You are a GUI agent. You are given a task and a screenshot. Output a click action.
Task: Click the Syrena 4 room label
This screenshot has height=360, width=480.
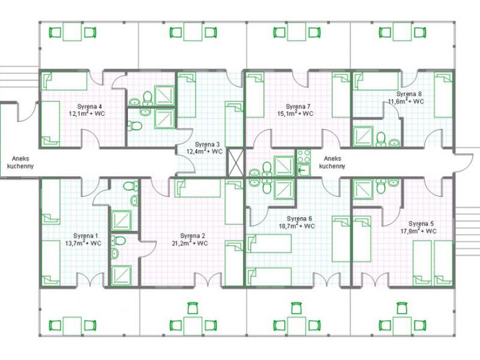(89, 107)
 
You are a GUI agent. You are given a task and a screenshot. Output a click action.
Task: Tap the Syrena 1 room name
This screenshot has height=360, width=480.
(86, 236)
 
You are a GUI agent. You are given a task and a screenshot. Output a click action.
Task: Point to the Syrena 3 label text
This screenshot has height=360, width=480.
(207, 145)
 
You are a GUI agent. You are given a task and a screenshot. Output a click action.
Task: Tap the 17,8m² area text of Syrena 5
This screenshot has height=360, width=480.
(410, 231)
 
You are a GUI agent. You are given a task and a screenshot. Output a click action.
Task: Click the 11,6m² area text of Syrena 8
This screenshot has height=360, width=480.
(398, 101)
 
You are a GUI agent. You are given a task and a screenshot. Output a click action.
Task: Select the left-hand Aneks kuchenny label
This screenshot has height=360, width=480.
(20, 163)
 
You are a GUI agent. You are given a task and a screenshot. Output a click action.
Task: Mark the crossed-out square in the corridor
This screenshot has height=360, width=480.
(236, 163)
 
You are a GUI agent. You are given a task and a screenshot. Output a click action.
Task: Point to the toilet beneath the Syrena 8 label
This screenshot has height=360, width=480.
(381, 139)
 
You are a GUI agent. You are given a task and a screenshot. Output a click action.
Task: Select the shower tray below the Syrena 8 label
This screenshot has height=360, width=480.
(363, 137)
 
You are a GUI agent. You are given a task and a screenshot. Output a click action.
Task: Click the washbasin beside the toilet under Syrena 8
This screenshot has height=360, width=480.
(394, 142)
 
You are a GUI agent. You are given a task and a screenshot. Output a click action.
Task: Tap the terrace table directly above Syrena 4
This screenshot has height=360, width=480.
(72, 32)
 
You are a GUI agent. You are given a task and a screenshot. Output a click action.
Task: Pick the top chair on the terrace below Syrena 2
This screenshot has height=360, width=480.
(193, 308)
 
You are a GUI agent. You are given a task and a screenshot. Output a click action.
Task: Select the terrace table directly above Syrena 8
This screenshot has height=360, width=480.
(402, 32)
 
